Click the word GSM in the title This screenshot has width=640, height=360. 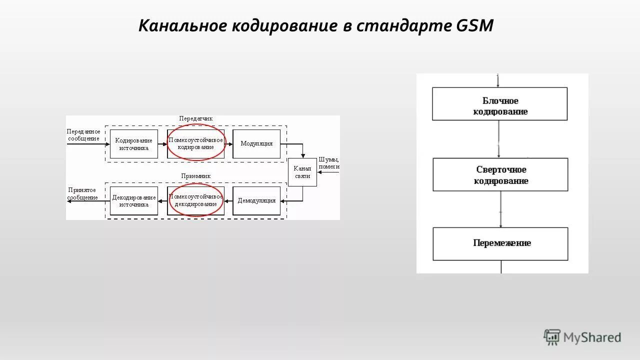pyautogui.click(x=475, y=25)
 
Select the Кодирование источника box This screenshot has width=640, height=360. pyautogui.click(x=133, y=144)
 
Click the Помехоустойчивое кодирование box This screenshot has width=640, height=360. pyautogui.click(x=195, y=144)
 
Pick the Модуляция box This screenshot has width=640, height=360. pyautogui.click(x=256, y=144)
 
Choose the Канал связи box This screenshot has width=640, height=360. pyautogui.click(x=302, y=172)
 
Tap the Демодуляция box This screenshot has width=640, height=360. pyautogui.click(x=256, y=201)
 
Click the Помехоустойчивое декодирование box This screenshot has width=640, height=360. pyautogui.click(x=195, y=201)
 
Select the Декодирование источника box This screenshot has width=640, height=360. pyautogui.click(x=133, y=201)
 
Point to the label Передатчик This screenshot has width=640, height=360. pyautogui.click(x=196, y=119)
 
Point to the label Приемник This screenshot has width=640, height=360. pyautogui.click(x=195, y=176)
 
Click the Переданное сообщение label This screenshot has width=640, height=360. pyautogui.click(x=83, y=135)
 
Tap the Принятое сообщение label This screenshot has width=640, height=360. pyautogui.click(x=82, y=193)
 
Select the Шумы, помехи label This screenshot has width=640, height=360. pyautogui.click(x=329, y=163)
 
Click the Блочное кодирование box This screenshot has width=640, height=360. pyautogui.click(x=500, y=104)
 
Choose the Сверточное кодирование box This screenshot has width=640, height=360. pyautogui.click(x=500, y=174)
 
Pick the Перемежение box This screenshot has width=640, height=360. pyautogui.click(x=500, y=243)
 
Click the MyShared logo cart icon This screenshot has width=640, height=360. pyautogui.click(x=552, y=337)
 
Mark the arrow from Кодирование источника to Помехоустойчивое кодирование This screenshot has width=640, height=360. pyautogui.click(x=162, y=144)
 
